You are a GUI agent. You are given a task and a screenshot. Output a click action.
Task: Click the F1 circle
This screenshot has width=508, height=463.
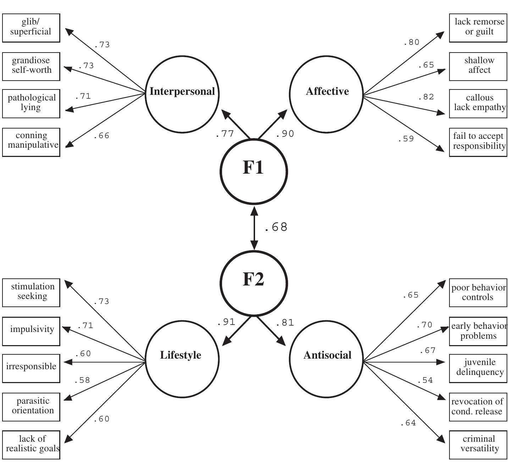(x=253, y=171)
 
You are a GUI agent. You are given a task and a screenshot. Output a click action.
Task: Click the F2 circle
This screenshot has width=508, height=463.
(x=253, y=283)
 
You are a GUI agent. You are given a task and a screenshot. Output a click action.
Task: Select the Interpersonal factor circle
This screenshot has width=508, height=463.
(x=182, y=94)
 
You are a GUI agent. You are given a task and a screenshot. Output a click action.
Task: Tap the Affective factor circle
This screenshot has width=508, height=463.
(x=327, y=94)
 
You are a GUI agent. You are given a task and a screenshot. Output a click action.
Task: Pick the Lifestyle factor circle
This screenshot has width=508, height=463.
(x=182, y=359)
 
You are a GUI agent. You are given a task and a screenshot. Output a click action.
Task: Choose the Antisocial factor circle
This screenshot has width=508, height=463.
(x=327, y=359)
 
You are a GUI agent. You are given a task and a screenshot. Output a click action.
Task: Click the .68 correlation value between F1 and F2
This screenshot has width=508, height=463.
(x=276, y=227)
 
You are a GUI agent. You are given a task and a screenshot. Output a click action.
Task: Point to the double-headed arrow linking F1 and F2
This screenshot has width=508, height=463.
(x=254, y=227)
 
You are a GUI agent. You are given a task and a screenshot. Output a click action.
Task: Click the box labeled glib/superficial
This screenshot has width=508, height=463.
(x=31, y=28)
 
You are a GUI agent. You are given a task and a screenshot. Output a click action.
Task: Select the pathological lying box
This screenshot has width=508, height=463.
(x=31, y=103)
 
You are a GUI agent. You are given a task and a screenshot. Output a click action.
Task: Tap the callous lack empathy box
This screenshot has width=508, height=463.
(x=478, y=103)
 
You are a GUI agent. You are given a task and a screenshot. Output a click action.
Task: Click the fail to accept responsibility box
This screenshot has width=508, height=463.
(x=478, y=142)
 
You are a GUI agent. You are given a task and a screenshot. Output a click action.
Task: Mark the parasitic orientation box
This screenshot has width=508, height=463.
(x=31, y=407)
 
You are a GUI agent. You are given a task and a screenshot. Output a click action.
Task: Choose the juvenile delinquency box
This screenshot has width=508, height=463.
(x=478, y=368)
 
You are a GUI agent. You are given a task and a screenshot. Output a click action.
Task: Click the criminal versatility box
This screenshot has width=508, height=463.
(x=478, y=445)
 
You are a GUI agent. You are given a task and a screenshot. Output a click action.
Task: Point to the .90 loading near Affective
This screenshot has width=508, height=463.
(x=285, y=134)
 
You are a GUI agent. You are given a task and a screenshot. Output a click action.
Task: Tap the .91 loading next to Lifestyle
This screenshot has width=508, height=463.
(x=226, y=322)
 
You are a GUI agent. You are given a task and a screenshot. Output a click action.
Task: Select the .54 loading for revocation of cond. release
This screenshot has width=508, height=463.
(x=425, y=380)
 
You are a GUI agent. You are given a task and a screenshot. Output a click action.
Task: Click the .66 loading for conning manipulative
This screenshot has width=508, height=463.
(x=101, y=136)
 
